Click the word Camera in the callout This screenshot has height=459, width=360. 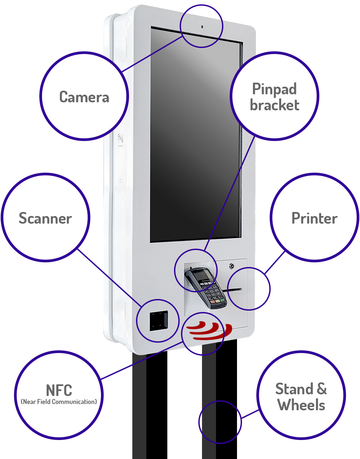[x=84, y=97]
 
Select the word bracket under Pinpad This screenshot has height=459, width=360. [x=274, y=105]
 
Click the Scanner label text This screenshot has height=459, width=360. [x=45, y=218]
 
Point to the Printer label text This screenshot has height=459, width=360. [x=314, y=218]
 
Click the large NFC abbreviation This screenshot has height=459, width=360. [x=59, y=390]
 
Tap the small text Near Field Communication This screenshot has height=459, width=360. [x=59, y=402]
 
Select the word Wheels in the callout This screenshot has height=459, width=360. [x=301, y=405]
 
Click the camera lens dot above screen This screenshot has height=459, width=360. [x=202, y=27]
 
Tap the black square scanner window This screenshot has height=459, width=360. [x=158, y=321]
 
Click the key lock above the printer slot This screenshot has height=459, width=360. [x=231, y=266]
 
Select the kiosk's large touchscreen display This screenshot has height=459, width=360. [x=196, y=133]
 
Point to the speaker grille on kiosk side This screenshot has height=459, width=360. [x=120, y=138]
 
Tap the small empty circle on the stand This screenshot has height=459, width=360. [x=220, y=422]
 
